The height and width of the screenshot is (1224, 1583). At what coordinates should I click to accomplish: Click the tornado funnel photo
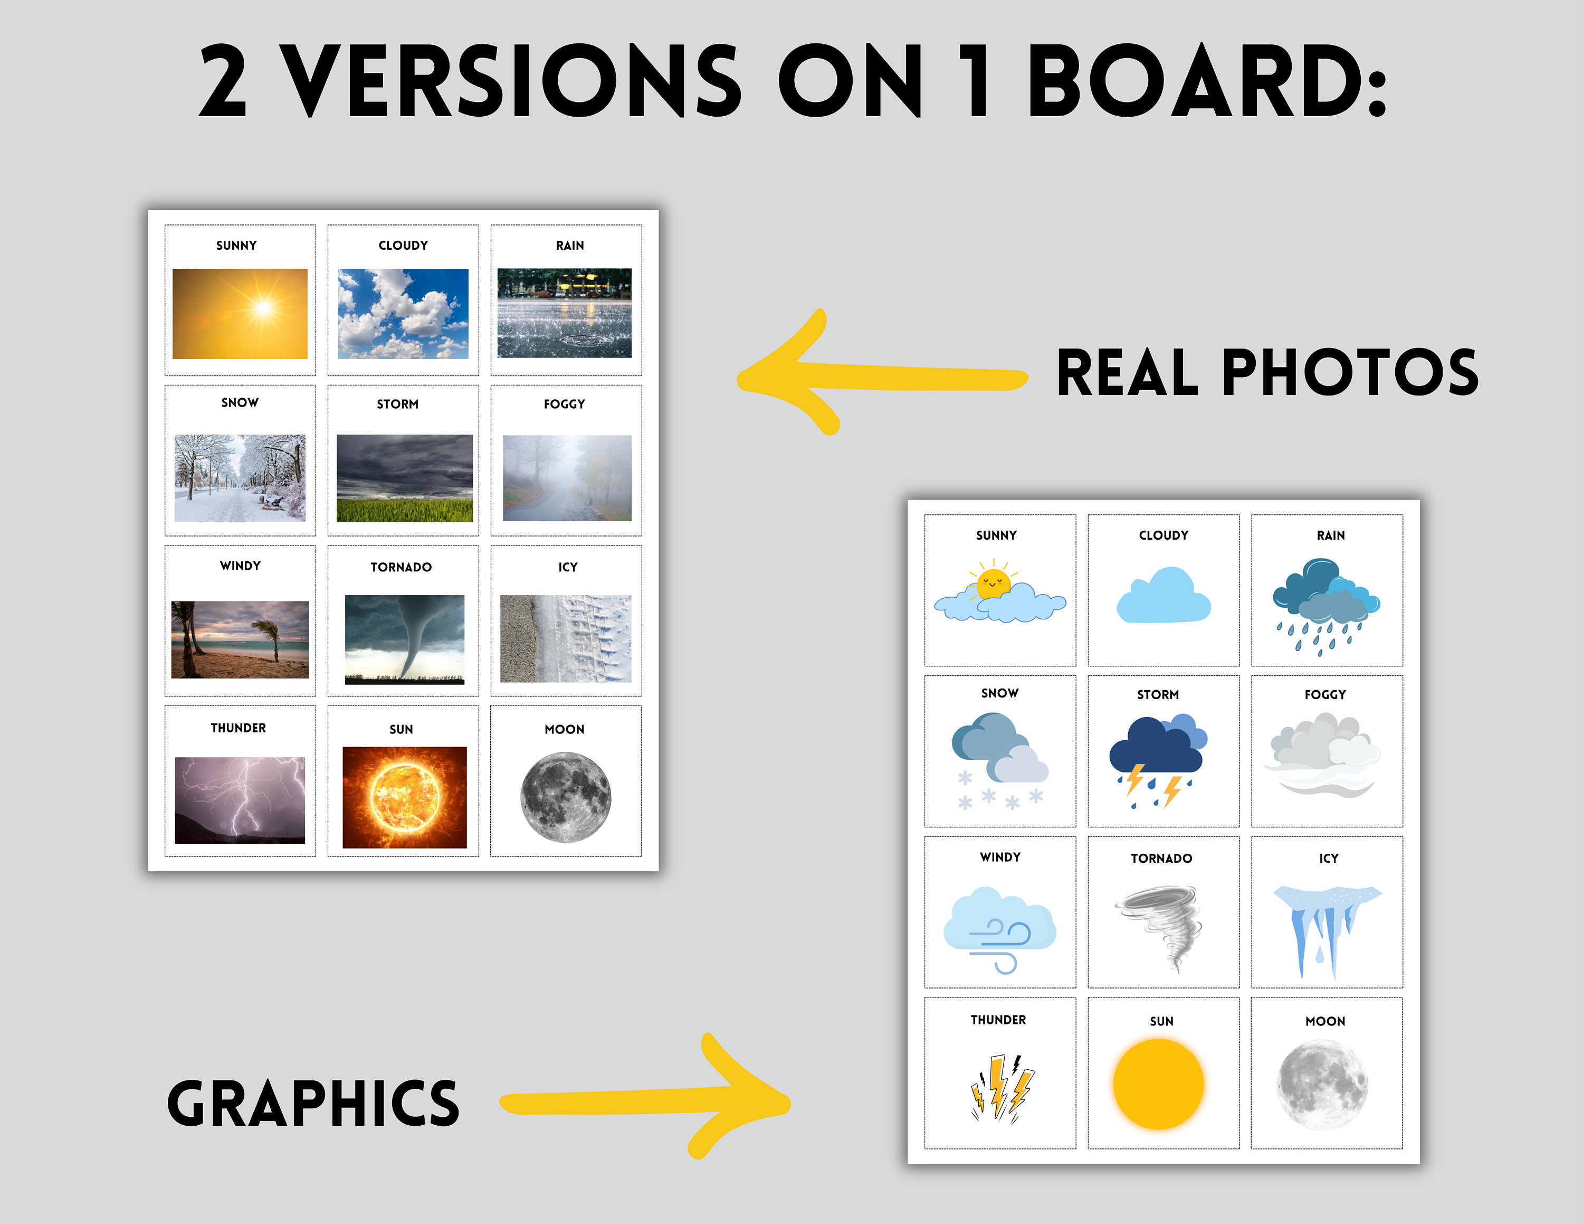point(404,639)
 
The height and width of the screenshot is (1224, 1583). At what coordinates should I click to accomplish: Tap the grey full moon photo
point(565,797)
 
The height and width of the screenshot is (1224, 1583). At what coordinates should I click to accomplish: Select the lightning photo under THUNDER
point(240,800)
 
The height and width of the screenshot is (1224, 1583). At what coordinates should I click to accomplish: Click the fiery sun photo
point(404,797)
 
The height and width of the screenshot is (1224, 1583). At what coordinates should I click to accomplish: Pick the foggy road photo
point(567,478)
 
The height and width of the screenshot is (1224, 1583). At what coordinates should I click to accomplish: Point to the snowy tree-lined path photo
point(240,478)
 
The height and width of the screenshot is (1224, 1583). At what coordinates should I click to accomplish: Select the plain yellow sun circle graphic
point(1158,1084)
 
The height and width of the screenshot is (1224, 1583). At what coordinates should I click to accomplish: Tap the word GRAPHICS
point(313,1103)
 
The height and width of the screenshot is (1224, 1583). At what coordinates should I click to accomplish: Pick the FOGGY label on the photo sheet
point(564,404)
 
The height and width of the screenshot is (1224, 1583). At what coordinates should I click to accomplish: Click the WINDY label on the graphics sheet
point(1000,857)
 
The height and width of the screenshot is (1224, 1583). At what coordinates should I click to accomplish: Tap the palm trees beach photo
point(240,639)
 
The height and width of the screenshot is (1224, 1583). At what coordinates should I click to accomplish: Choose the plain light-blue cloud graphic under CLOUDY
point(1164,595)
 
